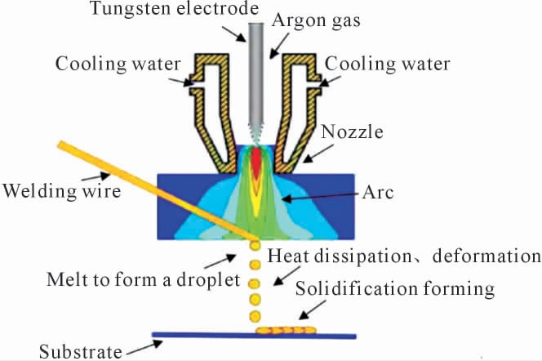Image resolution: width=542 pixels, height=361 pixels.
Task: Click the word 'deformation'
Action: [485, 256]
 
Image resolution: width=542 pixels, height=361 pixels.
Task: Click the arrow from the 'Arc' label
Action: [319, 196]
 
